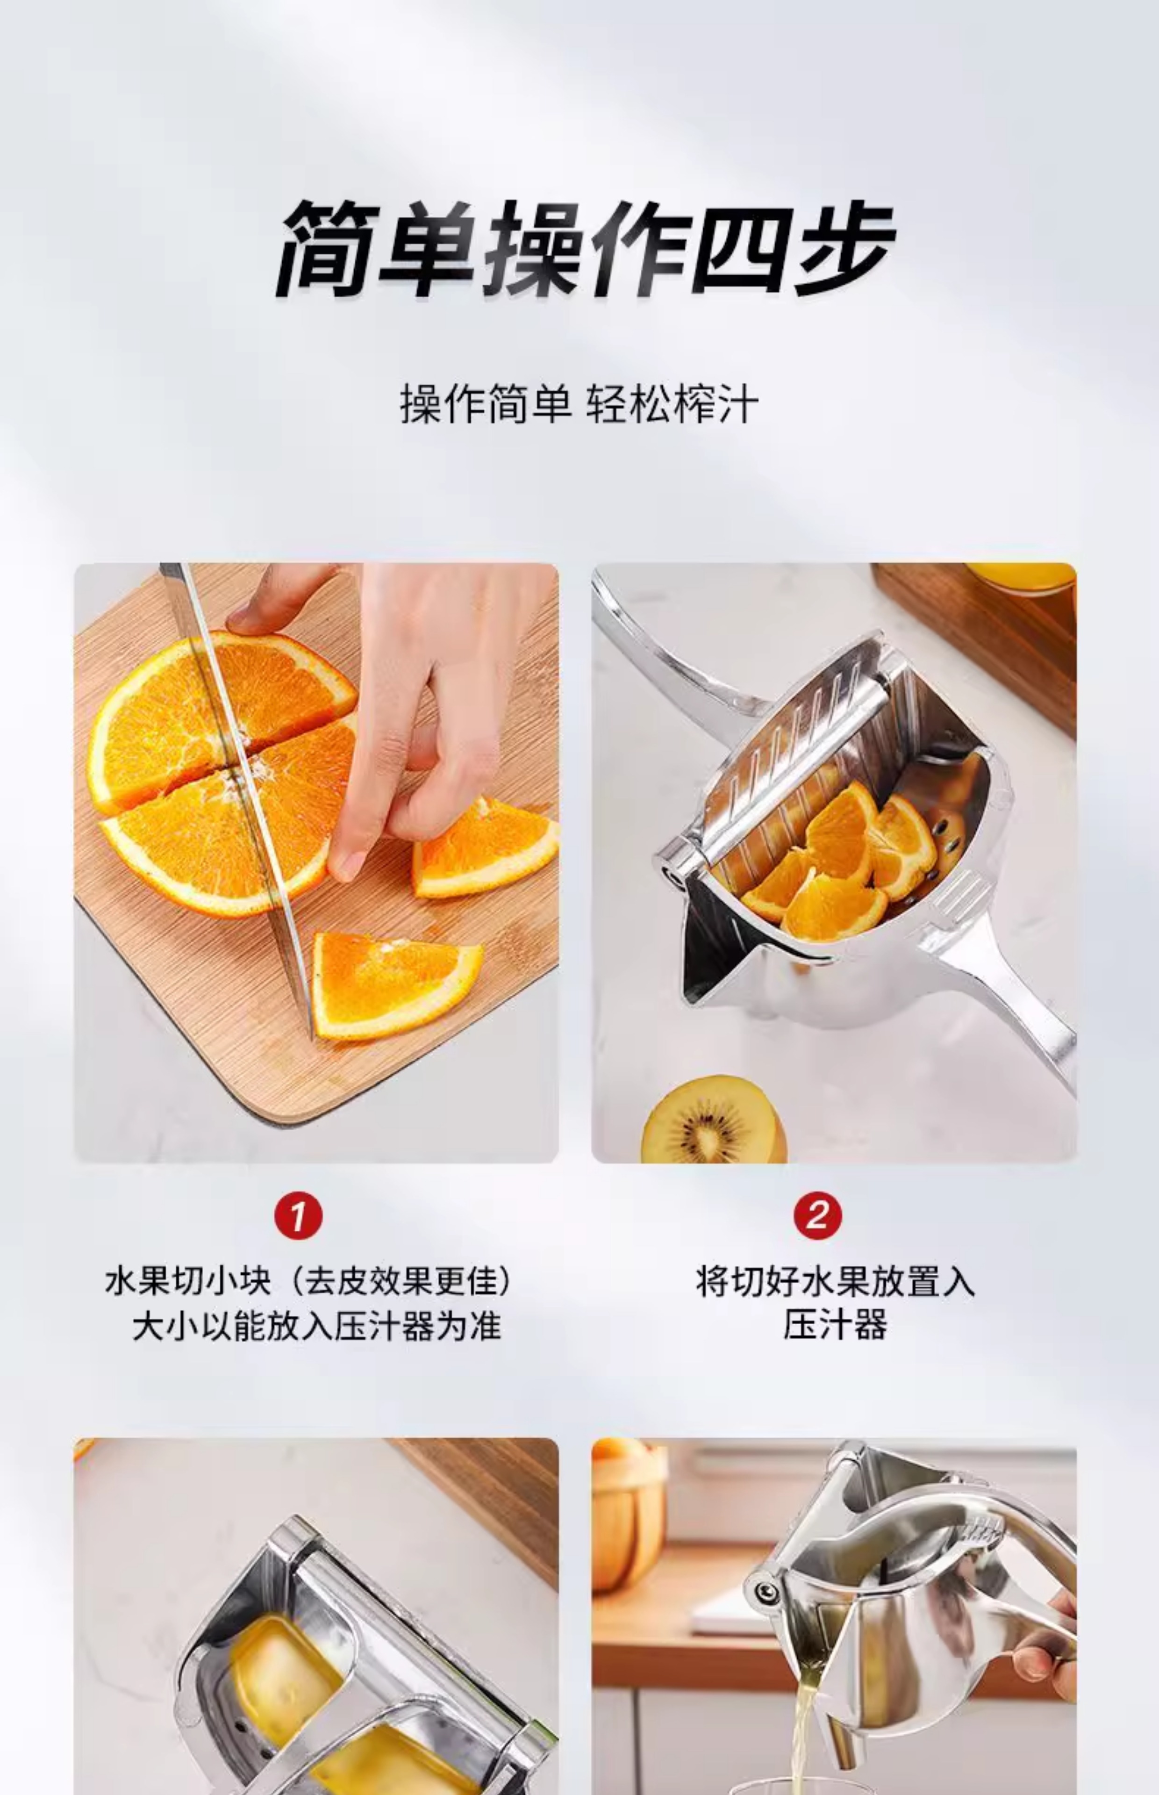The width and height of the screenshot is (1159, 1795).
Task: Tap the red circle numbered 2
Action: [x=817, y=1215]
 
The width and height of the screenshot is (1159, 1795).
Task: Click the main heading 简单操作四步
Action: [x=585, y=248]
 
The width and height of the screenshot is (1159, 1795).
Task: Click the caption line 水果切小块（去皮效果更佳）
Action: [x=308, y=1281]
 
